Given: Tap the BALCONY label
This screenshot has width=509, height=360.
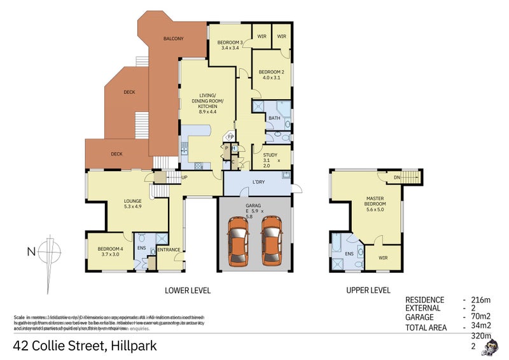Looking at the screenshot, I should point(173,39).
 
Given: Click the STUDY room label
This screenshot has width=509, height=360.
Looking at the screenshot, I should point(261,153).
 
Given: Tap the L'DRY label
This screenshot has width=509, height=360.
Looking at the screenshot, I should point(258,183).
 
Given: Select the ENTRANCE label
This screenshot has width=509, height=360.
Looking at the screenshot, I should point(169,249).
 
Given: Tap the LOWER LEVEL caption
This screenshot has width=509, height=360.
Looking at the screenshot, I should point(188,291).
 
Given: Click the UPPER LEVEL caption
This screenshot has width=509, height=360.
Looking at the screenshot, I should point(368,291).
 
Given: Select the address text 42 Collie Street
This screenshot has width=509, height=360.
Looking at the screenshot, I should point(85,347).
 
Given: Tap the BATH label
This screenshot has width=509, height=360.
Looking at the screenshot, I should point(274,118).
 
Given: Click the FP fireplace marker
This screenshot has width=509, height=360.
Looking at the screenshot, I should point(231,137).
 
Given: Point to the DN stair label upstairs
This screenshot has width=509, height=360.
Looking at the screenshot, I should point(397,177).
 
